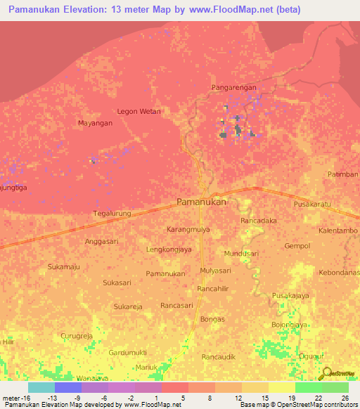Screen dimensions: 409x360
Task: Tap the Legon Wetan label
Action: click(139, 111)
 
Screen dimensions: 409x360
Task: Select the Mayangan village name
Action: click(95, 123)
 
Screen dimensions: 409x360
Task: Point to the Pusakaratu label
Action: click(311, 204)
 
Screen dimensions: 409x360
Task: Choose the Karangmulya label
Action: click(189, 230)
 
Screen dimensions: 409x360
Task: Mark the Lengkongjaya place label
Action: click(169, 249)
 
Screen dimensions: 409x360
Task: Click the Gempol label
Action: click(297, 246)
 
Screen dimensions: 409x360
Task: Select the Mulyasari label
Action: click(215, 270)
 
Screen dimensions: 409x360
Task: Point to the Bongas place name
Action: click(212, 319)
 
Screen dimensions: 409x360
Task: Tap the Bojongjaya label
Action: click(290, 325)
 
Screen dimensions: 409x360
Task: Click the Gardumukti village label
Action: click(127, 352)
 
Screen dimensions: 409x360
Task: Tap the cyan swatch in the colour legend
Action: click(41, 387)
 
